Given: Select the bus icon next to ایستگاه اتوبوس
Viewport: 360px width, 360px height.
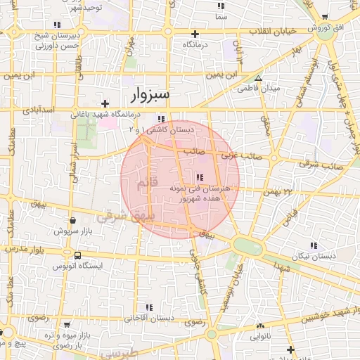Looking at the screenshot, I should (x=77, y=256).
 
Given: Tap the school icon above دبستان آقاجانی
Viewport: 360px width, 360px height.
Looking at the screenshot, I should (x=149, y=307).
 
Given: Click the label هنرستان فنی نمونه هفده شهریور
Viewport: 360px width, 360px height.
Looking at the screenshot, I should (x=200, y=194).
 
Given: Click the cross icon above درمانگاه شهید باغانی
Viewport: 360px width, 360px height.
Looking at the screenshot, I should (x=105, y=103).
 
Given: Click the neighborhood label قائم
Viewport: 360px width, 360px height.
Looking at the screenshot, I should (x=140, y=184).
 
